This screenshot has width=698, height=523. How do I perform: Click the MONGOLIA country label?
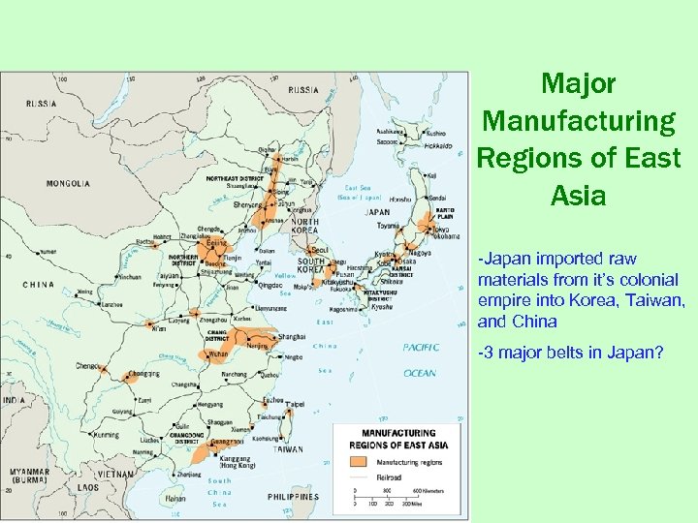click(69, 182)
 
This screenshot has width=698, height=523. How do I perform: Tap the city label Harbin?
click(290, 158)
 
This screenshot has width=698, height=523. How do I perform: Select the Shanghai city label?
click(292, 337)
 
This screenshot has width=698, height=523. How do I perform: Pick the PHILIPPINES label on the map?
click(292, 497)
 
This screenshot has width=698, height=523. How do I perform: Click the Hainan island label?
click(175, 497)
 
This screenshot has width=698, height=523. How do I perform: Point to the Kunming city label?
click(107, 435)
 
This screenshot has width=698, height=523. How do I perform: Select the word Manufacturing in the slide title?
click(579, 121)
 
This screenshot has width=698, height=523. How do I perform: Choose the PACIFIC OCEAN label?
click(421, 359)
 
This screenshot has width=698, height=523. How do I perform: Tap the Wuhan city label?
click(218, 354)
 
